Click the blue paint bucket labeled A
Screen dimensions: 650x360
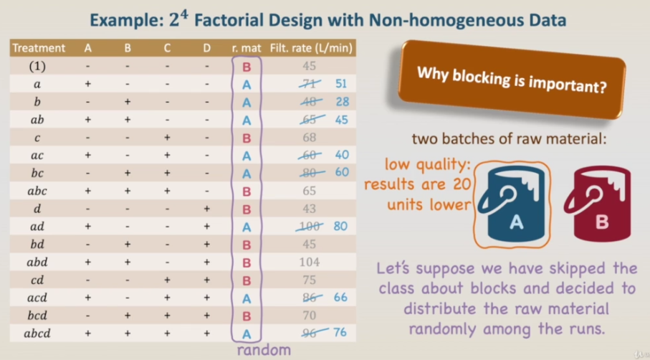[x=512, y=204]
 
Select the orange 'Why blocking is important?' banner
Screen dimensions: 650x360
[x=512, y=79]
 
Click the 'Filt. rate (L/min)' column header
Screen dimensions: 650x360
[x=311, y=48]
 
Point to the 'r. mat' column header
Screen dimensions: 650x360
[x=247, y=49]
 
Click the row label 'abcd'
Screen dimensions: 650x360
[x=37, y=333]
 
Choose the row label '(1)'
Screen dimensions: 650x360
[x=37, y=66]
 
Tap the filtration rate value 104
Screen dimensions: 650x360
[x=310, y=262]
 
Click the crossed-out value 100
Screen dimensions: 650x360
[x=310, y=227]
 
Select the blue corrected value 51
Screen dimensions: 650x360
[x=340, y=84]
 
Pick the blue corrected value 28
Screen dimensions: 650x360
[x=342, y=102]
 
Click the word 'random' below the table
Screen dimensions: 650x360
[x=264, y=350]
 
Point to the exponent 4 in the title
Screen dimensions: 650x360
[x=184, y=15]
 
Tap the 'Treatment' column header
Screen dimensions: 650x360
[x=39, y=48]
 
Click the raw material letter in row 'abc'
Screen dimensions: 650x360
[x=247, y=191]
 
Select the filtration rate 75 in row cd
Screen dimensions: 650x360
[x=310, y=280]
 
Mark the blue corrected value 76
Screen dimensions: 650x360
[x=340, y=333]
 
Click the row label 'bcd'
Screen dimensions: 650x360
[x=37, y=316]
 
